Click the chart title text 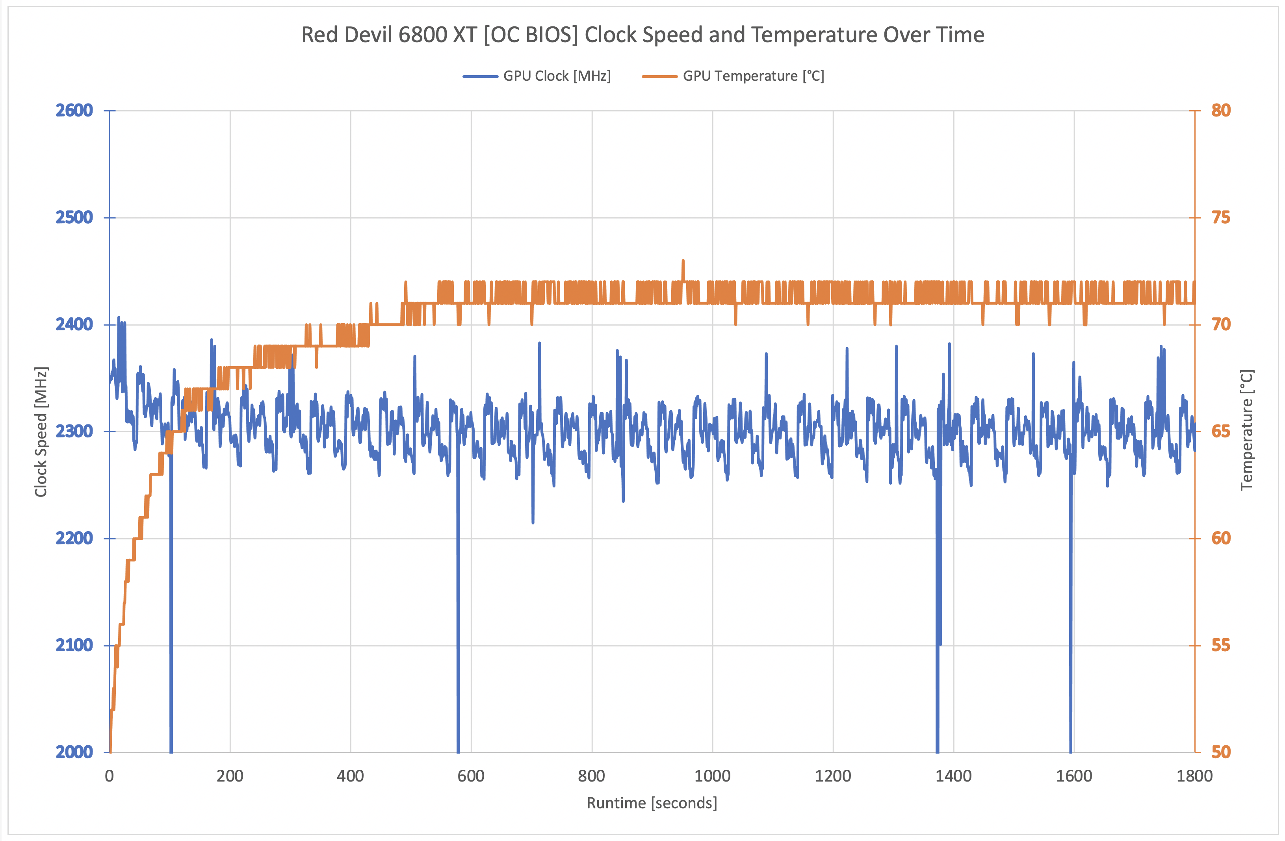pyautogui.click(x=642, y=35)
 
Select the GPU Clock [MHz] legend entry pyautogui.click(x=557, y=76)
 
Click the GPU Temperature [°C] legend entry pyautogui.click(x=753, y=76)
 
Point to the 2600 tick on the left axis pyautogui.click(x=74, y=111)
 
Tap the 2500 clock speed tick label pyautogui.click(x=74, y=218)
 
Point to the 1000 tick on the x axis pyautogui.click(x=712, y=776)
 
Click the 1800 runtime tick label pyautogui.click(x=1194, y=776)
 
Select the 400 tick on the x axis pyautogui.click(x=351, y=776)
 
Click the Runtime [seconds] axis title pyautogui.click(x=652, y=803)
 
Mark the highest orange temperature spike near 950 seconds pyautogui.click(x=683, y=261)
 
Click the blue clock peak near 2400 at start pyautogui.click(x=119, y=318)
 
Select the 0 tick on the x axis pyautogui.click(x=110, y=776)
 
